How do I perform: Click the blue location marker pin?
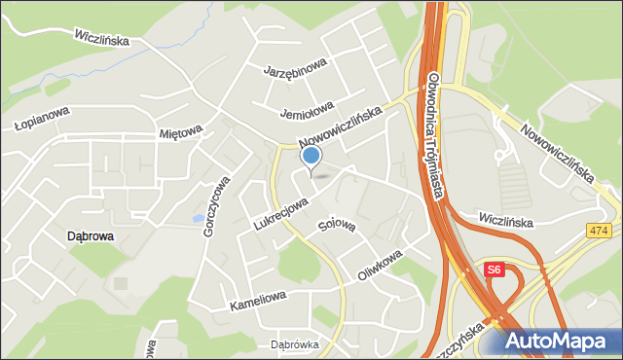311,157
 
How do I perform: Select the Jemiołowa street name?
307,106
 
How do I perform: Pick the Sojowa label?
337,226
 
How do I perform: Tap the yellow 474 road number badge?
600,231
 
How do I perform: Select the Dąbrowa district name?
91,235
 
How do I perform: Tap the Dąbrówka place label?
294,344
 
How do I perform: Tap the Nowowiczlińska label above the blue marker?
342,126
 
